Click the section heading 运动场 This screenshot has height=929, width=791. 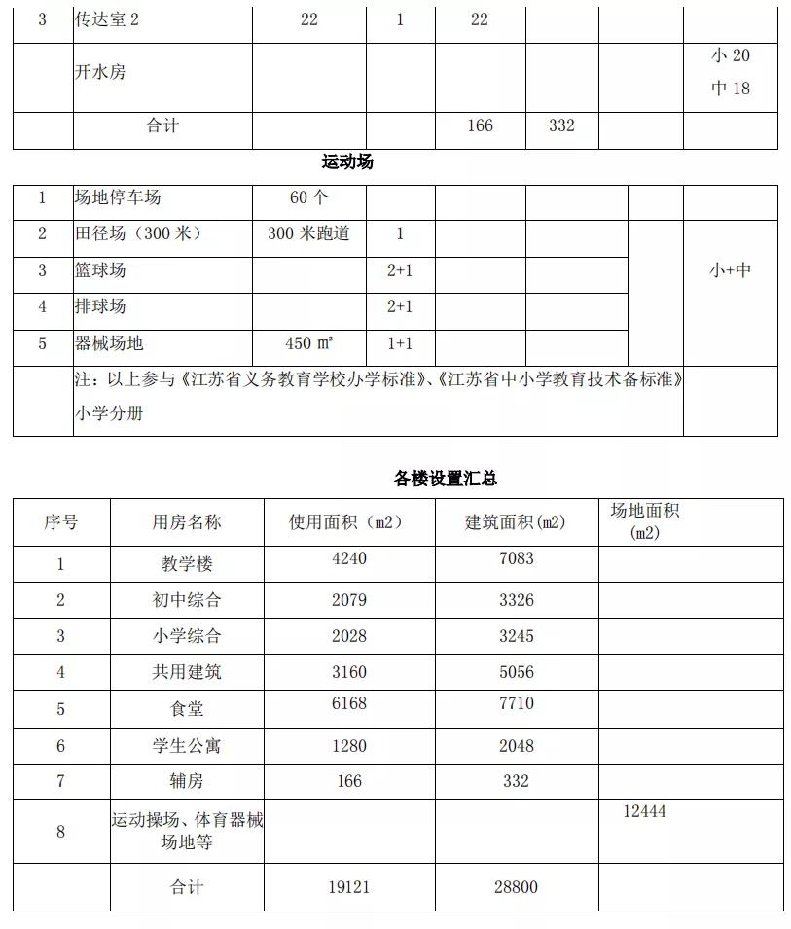(347, 162)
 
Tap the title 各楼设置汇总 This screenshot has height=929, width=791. (446, 479)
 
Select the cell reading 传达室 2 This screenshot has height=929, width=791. (107, 19)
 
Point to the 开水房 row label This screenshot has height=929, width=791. (100, 72)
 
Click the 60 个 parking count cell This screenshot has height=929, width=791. (308, 198)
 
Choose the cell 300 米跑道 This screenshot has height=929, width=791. (308, 234)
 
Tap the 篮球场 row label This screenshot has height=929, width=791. (100, 270)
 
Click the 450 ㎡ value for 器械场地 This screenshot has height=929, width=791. (308, 344)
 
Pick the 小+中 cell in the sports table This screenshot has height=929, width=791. (730, 270)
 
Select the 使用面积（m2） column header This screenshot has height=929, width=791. (346, 522)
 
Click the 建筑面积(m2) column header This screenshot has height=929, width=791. (515, 522)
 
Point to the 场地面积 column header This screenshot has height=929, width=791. (644, 521)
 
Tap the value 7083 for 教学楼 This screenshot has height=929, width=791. (516, 558)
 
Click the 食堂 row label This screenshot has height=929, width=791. (186, 709)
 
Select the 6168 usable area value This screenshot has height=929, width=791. (348, 703)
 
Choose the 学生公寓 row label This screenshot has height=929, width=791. (186, 746)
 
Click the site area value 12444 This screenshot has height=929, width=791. (644, 811)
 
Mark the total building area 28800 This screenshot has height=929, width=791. (516, 887)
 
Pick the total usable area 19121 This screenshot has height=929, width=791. (348, 887)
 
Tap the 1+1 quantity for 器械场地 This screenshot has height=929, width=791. (400, 344)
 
